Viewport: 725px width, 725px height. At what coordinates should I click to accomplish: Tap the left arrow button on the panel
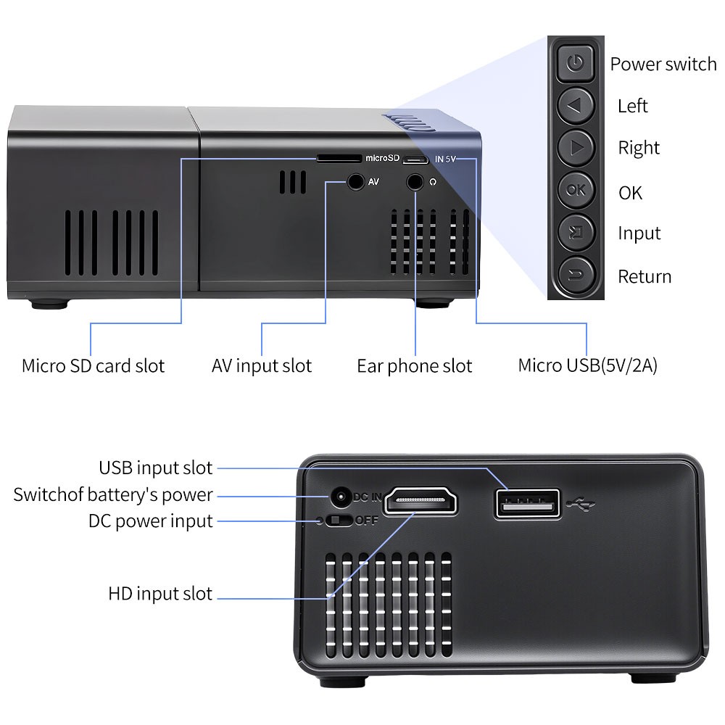pyautogui.click(x=576, y=106)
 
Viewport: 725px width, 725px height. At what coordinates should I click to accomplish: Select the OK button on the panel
pyautogui.click(x=576, y=191)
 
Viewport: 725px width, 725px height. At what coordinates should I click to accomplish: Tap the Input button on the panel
pyautogui.click(x=576, y=233)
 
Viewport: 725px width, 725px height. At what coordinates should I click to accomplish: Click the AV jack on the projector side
pyautogui.click(x=355, y=181)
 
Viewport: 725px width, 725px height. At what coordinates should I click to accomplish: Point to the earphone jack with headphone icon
pyautogui.click(x=415, y=181)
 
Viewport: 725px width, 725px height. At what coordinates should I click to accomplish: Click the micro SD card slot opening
pyautogui.click(x=338, y=157)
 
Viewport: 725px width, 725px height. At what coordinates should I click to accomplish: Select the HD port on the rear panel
pyautogui.click(x=420, y=500)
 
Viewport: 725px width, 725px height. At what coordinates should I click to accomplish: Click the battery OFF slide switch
pyautogui.click(x=339, y=521)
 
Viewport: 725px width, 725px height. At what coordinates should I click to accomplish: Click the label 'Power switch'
pyautogui.click(x=663, y=64)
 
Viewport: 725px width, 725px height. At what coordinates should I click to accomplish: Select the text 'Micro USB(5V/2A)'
pyautogui.click(x=587, y=365)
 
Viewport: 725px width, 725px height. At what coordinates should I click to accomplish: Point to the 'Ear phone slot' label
pyautogui.click(x=414, y=366)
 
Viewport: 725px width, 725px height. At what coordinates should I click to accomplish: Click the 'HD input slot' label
pyautogui.click(x=160, y=594)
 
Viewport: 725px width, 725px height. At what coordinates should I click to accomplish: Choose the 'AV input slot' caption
pyautogui.click(x=261, y=366)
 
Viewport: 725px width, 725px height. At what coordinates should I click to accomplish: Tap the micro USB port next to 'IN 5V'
pyautogui.click(x=415, y=158)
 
